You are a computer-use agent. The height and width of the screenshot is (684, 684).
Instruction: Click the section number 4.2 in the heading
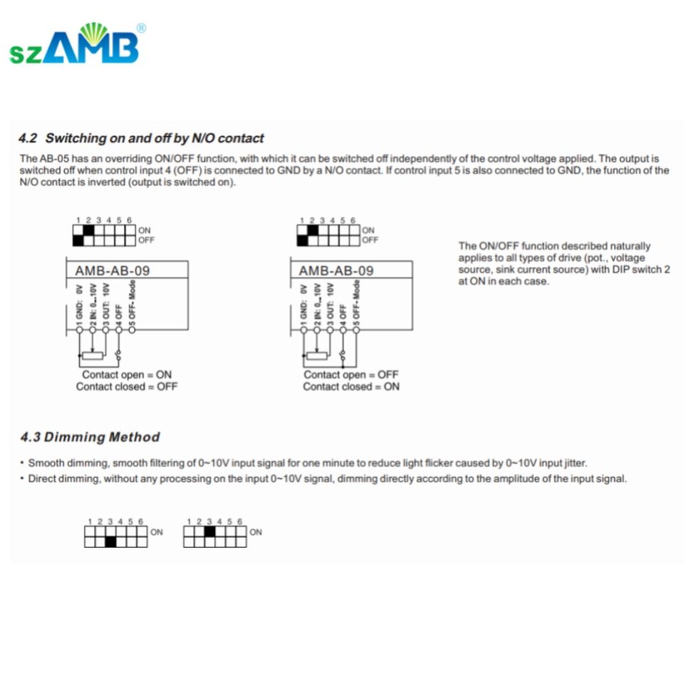(28, 138)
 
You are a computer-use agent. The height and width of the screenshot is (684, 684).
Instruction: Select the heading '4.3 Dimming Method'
(90, 437)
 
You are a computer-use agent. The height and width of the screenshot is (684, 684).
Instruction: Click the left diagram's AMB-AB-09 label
(113, 271)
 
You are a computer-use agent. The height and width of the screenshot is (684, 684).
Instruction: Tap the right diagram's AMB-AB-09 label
(336, 271)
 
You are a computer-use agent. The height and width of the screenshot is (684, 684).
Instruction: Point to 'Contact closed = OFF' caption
(127, 387)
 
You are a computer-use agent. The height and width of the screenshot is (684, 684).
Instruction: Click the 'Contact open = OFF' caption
(351, 375)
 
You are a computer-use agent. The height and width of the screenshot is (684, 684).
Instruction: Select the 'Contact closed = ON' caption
(351, 387)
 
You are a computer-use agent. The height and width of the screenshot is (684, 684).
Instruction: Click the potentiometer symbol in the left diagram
(92, 355)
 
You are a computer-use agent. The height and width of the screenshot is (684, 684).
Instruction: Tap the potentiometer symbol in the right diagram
(316, 355)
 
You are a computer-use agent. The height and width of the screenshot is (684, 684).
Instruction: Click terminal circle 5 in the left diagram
(132, 330)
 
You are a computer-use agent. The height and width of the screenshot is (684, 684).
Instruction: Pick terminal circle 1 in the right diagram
(303, 330)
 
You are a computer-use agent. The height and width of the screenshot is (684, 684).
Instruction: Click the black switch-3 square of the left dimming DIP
(110, 541)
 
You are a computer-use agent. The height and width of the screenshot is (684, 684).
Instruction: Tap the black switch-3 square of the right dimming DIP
(209, 532)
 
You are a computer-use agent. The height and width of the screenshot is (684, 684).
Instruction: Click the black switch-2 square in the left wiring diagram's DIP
(89, 230)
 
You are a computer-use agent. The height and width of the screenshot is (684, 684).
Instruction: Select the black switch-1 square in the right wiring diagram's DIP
(302, 240)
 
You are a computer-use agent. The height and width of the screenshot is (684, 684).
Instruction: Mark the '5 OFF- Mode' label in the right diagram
(356, 302)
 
